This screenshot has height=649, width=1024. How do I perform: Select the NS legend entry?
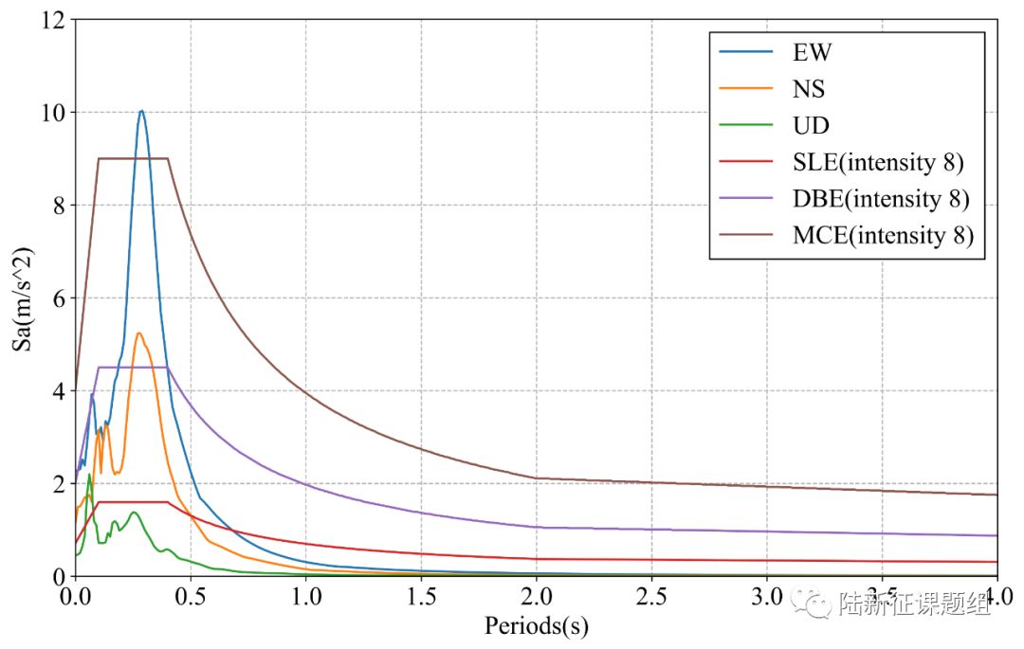[808, 90]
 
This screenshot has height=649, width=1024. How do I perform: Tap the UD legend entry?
[810, 126]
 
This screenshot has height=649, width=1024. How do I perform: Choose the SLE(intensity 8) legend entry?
[877, 163]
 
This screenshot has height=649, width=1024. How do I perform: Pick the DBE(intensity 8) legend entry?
[881, 199]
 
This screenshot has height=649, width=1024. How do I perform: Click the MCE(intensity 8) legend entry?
[883, 236]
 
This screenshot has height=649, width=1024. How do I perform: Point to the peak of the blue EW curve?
[141, 111]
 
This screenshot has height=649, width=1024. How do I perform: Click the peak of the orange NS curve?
[138, 333]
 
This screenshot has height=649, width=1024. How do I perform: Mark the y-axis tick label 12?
[52, 20]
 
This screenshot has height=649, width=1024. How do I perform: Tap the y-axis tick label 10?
[52, 113]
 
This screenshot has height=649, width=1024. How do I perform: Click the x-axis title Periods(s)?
[537, 626]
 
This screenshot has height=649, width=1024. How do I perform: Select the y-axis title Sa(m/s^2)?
[23, 297]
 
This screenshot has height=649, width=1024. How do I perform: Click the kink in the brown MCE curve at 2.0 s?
[537, 478]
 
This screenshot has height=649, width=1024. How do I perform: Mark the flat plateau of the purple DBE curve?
[133, 367]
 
